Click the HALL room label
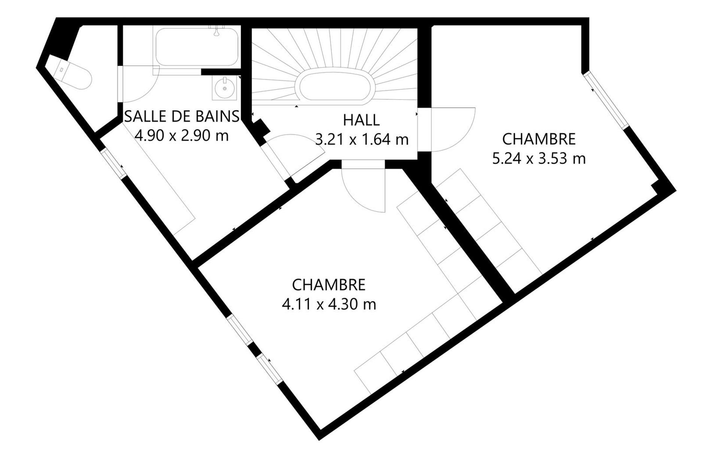(x=361, y=120)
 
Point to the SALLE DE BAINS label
(x=182, y=116)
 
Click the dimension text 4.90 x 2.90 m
(x=182, y=135)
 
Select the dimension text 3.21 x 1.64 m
(x=362, y=139)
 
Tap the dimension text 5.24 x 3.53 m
(x=539, y=159)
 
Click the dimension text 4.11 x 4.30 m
(x=329, y=304)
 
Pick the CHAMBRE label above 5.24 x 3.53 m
(x=539, y=139)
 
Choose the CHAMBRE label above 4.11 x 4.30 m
(x=329, y=285)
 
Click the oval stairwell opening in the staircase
(x=334, y=85)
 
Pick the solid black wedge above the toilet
(x=66, y=39)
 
